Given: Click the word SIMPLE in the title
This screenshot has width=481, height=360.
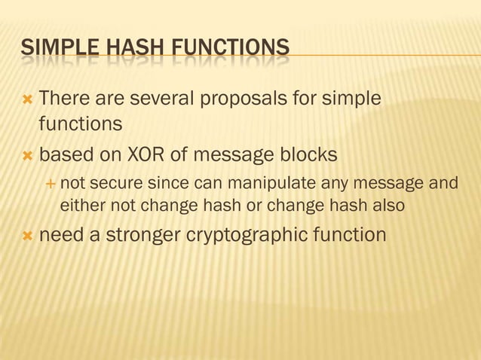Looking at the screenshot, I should pyautogui.click(x=53, y=50).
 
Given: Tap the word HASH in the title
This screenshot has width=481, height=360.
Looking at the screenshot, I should pyautogui.click(x=118, y=50).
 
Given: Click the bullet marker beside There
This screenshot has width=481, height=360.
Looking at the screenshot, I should pyautogui.click(x=28, y=99).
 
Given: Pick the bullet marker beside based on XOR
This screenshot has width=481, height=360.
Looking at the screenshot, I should pyautogui.click(x=28, y=155).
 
